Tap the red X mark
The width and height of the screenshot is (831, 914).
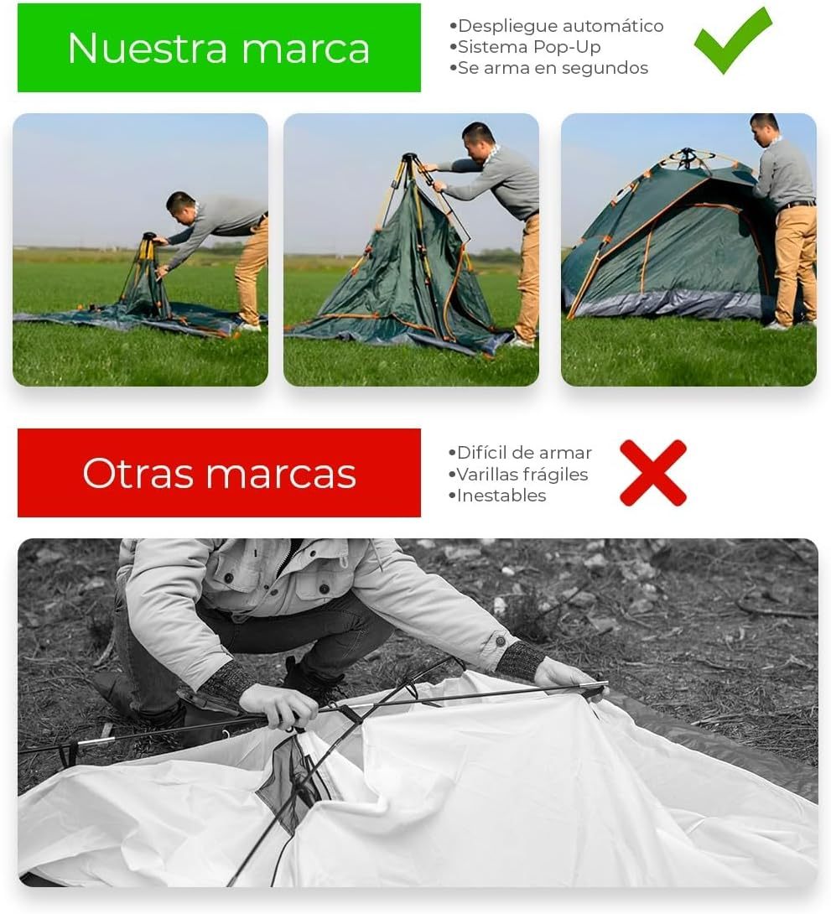[x=652, y=473]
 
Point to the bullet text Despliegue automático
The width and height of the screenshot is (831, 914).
[x=556, y=26]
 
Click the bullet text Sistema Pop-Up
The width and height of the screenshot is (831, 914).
[x=524, y=47]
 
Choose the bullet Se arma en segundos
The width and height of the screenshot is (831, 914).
[x=548, y=68]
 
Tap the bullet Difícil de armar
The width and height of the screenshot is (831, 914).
[x=520, y=453]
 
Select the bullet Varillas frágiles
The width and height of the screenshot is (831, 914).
[x=517, y=475]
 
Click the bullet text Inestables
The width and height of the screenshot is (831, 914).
[x=496, y=496]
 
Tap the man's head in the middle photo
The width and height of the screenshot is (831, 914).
[x=479, y=141]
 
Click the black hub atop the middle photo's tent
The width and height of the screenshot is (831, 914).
[x=410, y=158]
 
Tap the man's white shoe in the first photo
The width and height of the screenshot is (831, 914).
[x=248, y=327]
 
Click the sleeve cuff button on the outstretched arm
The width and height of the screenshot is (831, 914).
[x=500, y=641]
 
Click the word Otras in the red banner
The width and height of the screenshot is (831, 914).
[x=138, y=473]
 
